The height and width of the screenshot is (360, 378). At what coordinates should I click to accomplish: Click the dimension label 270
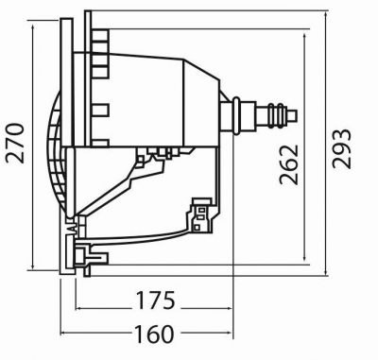coord(15,144)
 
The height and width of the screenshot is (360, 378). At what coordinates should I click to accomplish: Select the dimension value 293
coord(342,148)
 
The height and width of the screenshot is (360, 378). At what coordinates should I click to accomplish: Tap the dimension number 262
coord(288,164)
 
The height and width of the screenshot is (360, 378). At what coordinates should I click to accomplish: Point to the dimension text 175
coord(155,300)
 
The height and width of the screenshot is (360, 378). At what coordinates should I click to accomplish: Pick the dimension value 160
coord(154,334)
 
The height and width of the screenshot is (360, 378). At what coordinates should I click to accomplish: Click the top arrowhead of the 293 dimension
coord(326,15)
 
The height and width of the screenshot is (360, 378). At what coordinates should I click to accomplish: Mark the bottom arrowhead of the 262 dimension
coord(304,258)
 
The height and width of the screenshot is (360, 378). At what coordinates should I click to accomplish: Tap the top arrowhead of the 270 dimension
coord(33,26)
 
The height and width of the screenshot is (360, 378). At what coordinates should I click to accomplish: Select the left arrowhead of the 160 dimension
coord(64,333)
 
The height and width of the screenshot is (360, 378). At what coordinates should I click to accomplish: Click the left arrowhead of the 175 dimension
coord(79,308)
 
